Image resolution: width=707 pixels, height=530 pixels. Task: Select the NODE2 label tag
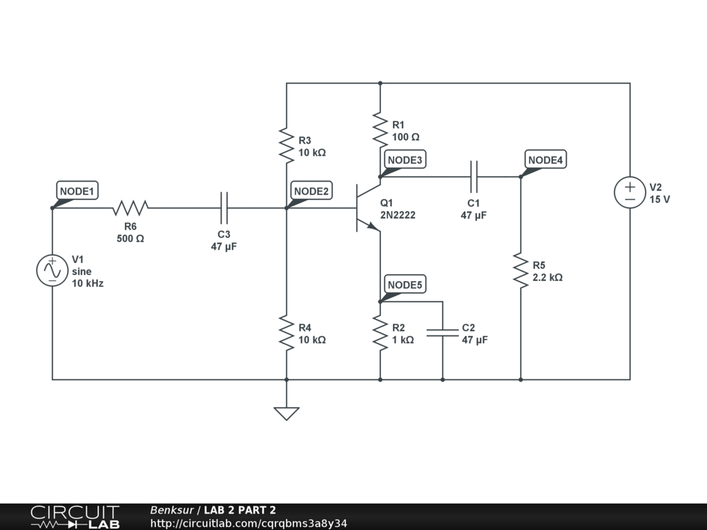[311, 191]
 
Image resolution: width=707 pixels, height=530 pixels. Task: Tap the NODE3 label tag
[405, 160]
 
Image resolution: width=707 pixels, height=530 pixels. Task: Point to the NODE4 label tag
[546, 160]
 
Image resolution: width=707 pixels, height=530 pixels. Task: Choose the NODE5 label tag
[405, 285]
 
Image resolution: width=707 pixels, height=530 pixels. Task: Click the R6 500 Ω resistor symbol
[130, 207]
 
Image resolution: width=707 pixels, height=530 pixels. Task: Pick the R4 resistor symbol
[287, 333]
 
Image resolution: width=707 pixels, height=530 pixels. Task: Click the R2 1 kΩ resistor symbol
[380, 333]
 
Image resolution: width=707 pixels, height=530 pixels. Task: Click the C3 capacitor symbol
[224, 207]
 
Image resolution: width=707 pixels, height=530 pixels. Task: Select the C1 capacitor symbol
[474, 177]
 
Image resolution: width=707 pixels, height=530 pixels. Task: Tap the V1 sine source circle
[52, 271]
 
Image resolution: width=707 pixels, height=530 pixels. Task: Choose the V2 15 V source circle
[630, 192]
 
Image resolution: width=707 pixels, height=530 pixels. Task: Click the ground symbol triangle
[287, 413]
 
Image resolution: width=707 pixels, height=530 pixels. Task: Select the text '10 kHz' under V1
[88, 283]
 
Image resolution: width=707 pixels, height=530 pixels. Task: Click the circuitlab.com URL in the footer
[249, 523]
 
